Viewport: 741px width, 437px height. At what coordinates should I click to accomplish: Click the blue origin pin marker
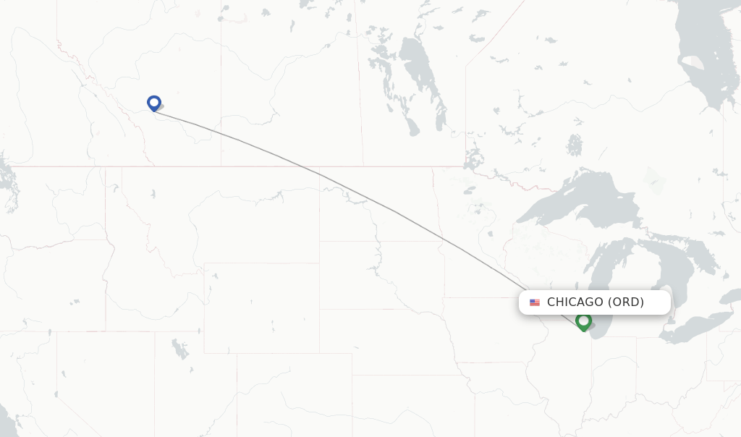click(153, 103)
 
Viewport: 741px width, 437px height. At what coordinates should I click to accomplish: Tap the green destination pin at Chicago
click(583, 321)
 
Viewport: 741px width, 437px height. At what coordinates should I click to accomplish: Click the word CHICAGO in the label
click(575, 302)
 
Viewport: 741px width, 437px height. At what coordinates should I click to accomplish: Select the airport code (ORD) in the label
click(625, 302)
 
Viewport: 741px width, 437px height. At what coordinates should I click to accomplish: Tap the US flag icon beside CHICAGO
click(535, 302)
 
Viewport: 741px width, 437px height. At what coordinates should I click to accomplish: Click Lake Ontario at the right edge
click(734, 294)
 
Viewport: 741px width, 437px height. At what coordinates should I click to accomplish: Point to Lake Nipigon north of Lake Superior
click(575, 145)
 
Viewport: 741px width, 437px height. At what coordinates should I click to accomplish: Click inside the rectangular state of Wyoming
click(261, 307)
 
